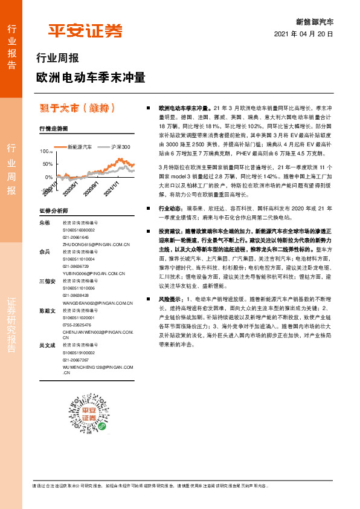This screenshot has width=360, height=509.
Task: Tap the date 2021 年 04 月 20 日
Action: [304, 34]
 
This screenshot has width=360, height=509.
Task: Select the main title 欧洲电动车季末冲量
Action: [91, 78]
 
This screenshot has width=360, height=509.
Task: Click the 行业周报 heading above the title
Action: [57, 59]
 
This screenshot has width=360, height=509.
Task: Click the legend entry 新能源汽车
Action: [79, 147]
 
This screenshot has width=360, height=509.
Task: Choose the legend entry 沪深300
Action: [120, 147]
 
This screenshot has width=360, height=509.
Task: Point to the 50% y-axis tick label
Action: [48, 164]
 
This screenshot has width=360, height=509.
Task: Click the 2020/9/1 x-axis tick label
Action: [91, 188]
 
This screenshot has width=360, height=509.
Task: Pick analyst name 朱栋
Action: [44, 223]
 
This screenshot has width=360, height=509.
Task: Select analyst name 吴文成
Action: [47, 345]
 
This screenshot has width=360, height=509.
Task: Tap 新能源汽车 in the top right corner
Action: [315, 22]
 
